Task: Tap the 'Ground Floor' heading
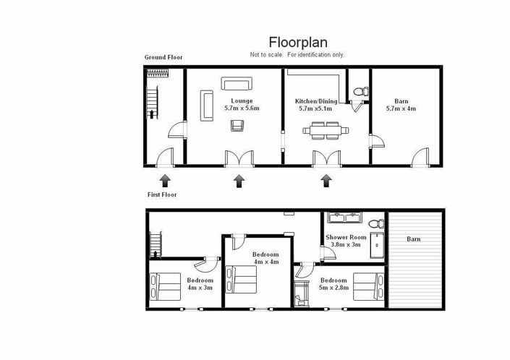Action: coord(163,57)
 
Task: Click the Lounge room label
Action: coord(241,100)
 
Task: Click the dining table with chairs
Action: coord(326,131)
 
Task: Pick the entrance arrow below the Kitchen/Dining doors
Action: coord(326,179)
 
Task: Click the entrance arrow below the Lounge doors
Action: coord(239,179)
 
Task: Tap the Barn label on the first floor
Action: coord(412,239)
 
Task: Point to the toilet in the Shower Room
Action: coord(374,222)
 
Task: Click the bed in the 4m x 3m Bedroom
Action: coord(165,287)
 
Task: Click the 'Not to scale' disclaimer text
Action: coord(297,55)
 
